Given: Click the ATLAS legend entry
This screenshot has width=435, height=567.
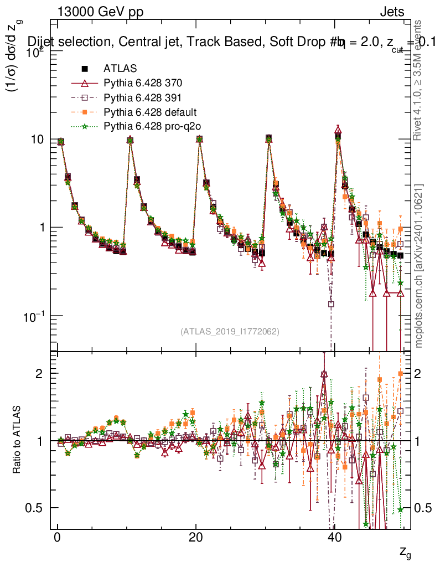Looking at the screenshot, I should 118,69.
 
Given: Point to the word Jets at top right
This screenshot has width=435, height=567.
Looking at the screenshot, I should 391,12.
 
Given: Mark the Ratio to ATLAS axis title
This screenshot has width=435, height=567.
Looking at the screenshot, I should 18,440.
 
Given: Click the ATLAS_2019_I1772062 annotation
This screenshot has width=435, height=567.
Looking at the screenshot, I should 230,332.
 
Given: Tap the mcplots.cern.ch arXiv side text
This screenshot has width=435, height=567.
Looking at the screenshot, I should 419,266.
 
